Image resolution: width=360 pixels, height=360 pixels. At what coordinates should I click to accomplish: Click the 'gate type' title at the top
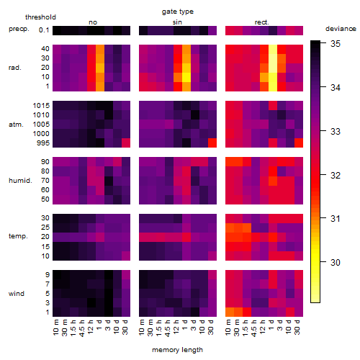(178, 12)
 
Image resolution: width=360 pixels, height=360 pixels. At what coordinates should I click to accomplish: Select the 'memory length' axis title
(177, 350)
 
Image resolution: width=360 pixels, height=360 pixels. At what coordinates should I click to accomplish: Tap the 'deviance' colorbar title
(341, 29)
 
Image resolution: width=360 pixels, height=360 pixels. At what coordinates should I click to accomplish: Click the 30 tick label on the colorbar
(336, 262)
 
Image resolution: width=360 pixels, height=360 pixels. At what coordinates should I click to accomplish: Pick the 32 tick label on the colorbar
(336, 175)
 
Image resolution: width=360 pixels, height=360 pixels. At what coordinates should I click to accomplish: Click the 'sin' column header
(177, 22)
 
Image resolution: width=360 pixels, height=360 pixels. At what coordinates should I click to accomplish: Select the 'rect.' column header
(261, 22)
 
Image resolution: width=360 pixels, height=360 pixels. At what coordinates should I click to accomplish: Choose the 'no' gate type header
(93, 22)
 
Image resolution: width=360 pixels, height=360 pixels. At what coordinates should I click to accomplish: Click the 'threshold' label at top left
(40, 17)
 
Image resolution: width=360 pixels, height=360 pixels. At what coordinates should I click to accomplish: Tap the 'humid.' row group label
(20, 181)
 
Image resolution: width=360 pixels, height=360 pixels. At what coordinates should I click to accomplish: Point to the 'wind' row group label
(17, 294)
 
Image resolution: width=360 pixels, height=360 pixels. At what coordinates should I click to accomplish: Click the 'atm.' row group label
(16, 125)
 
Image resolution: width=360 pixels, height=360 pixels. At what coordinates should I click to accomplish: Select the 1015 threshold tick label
(41, 106)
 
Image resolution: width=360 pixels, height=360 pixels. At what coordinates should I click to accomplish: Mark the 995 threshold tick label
(43, 143)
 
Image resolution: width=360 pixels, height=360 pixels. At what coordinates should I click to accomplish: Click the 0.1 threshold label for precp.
(44, 30)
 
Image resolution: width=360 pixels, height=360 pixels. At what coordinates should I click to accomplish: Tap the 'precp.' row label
(19, 29)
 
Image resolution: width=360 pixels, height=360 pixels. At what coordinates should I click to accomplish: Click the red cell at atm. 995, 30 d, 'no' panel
(126, 143)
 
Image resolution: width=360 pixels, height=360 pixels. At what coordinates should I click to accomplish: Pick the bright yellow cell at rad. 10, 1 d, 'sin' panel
(186, 77)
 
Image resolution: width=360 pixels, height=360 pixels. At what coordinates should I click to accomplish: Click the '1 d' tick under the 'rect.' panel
(271, 325)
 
